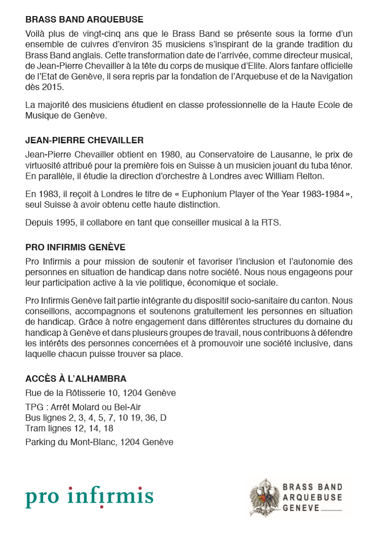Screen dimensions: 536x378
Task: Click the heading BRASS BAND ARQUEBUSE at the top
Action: pyautogui.click(x=85, y=20)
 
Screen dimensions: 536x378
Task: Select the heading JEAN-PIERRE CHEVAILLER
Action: pyautogui.click(x=85, y=140)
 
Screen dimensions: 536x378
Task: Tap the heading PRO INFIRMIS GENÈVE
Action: pyautogui.click(x=75, y=247)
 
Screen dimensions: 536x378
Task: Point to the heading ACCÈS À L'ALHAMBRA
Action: pyautogui.click(x=76, y=379)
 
